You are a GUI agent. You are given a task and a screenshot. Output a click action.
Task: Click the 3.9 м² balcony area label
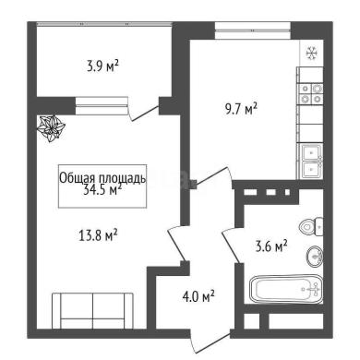(102, 66)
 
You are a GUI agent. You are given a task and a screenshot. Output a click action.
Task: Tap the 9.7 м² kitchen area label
(241, 109)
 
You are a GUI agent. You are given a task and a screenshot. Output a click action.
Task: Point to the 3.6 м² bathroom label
(271, 246)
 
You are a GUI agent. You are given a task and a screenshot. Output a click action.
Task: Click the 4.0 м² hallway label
(198, 296)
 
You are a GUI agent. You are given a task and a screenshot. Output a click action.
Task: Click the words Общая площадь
(102, 178)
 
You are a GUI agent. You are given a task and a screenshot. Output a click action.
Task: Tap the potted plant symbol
(51, 128)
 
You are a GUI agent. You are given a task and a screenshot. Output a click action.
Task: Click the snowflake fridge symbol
(311, 54)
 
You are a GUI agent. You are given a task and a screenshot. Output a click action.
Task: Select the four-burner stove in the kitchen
(311, 94)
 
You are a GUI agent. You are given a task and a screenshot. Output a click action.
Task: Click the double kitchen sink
(311, 162)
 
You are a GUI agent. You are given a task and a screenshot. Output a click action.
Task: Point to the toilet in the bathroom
(311, 227)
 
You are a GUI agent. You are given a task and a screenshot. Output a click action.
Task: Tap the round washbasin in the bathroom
(315, 256)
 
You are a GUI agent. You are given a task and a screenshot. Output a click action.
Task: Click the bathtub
(286, 289)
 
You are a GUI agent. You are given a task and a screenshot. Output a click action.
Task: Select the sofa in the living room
(92, 310)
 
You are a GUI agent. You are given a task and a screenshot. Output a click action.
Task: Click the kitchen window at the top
(253, 30)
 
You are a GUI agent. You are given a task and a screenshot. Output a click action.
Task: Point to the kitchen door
(213, 176)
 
